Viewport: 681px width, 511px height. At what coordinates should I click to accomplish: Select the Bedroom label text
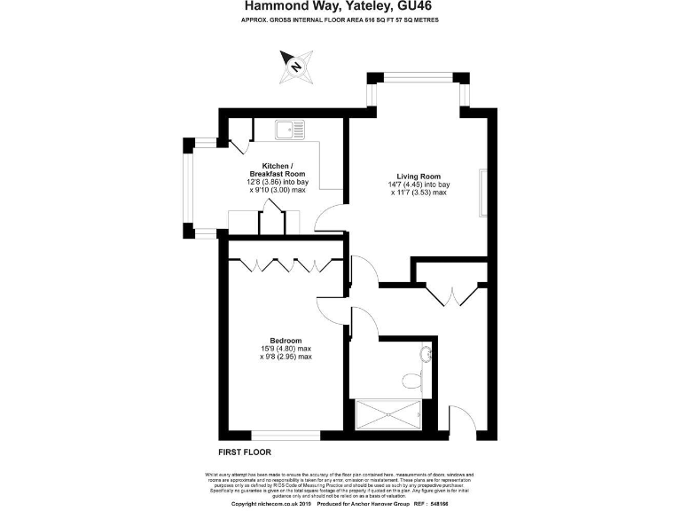[286, 341]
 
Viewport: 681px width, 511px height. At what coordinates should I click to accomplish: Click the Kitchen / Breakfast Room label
[277, 169]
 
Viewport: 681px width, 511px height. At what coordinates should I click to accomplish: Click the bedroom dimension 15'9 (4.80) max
[286, 349]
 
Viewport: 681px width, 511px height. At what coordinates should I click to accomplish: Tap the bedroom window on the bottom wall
[286, 435]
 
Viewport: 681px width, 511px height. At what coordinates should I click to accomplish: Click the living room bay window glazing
[419, 76]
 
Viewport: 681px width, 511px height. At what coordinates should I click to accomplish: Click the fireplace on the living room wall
[483, 193]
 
